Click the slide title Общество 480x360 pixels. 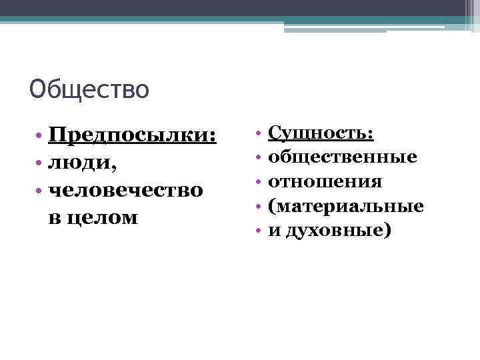tap(89, 89)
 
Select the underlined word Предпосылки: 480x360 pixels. tap(133, 136)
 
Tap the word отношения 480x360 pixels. tap(325, 181)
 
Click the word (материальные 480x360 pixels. tap(345, 206)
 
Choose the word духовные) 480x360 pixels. tap(339, 231)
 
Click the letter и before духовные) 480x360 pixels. tap(274, 231)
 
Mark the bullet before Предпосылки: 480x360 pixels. tap(41, 137)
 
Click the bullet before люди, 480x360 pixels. tap(41, 163)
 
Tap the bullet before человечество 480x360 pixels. tap(41, 190)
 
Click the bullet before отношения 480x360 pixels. tap(257, 182)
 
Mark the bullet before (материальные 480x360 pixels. tap(257, 207)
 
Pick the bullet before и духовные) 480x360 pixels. tap(257, 231)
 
